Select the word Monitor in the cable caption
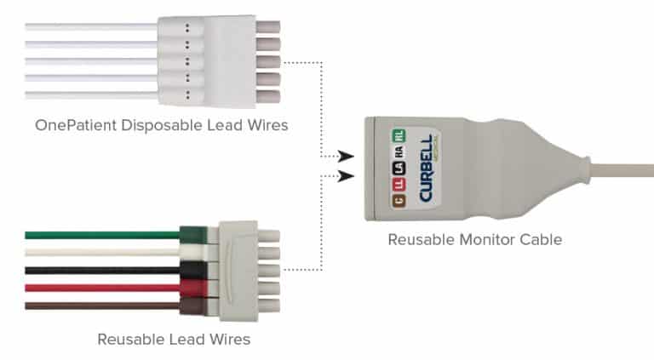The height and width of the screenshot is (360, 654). tap(484, 239)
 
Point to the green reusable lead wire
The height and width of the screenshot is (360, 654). tap(102, 235)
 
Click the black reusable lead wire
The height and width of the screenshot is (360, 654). tap(102, 270)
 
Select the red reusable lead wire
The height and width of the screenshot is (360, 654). tap(102, 288)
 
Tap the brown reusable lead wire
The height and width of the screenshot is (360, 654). tap(102, 305)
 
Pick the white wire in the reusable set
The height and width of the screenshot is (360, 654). tap(102, 252)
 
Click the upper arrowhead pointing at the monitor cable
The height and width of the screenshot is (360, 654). tap(345, 157)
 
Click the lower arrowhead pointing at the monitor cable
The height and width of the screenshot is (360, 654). tap(345, 177)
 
